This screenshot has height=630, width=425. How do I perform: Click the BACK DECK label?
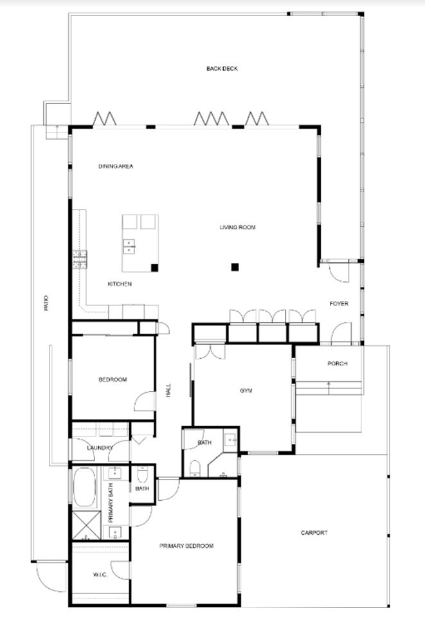coord(222,69)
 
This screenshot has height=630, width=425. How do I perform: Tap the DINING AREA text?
coord(116,166)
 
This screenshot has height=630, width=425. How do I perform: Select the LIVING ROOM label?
coord(237,228)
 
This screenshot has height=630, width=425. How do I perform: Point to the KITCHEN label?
coord(120,284)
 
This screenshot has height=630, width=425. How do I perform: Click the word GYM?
coord(246,391)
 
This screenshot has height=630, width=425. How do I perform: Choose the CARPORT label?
coord(314,533)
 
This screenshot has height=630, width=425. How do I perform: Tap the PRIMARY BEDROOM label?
coord(186,546)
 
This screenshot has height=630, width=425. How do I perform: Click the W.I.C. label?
coord(100,575)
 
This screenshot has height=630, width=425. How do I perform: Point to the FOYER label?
coord(339,303)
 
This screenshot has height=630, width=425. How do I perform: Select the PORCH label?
coord(338,364)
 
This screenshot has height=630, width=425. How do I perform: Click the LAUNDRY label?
coord(100,448)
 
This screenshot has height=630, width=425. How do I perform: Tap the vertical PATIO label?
coord(46,303)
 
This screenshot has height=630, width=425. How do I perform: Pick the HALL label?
coord(168,391)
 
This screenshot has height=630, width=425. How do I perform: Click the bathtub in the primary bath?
coord(84,487)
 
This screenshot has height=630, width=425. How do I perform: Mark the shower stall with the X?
coord(86,526)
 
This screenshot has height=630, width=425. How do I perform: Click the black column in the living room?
coord(235,267)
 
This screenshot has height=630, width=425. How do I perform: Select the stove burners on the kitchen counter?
coord(80,259)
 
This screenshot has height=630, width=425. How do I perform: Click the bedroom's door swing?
coord(145,401)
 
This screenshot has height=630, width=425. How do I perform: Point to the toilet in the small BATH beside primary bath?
coord(143,475)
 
